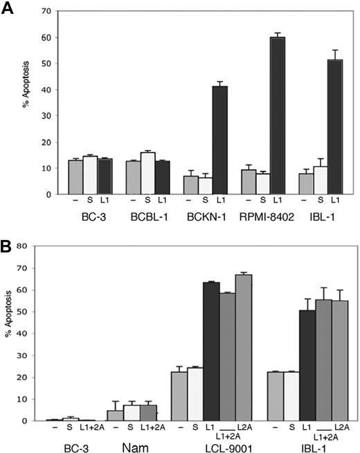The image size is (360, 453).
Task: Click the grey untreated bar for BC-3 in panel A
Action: coord(73,177)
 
